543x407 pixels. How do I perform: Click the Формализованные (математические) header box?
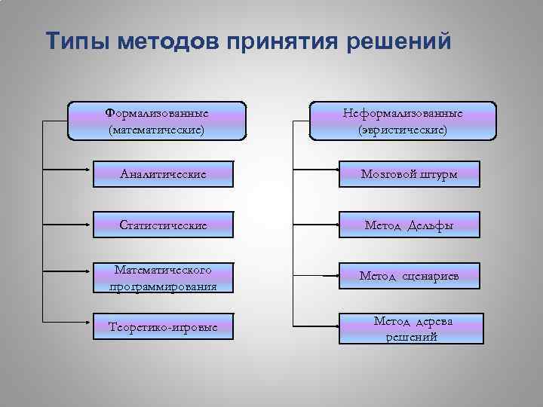157,121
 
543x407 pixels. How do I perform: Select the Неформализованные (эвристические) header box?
403,121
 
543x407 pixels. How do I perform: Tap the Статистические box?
164,225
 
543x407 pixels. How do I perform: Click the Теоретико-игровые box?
164,327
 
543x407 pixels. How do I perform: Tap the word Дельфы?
431,225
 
